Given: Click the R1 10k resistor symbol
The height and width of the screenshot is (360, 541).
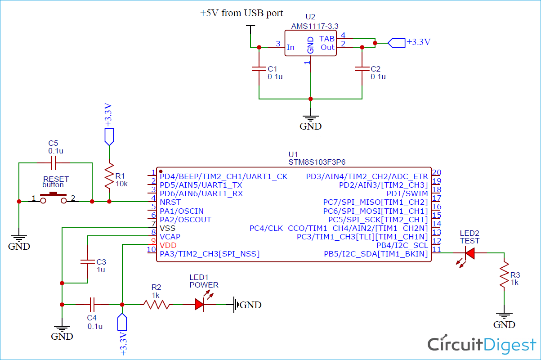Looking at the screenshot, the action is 109,176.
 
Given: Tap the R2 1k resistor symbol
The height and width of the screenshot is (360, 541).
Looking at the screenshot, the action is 156,305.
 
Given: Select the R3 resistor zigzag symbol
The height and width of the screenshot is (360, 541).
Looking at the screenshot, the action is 504,274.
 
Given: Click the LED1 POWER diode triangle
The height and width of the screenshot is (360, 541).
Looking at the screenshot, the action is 200,305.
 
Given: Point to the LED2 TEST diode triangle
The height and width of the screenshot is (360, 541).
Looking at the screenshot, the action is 470,253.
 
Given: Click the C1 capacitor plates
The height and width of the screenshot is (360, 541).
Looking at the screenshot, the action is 259,69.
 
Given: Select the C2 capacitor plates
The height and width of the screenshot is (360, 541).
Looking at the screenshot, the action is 362,69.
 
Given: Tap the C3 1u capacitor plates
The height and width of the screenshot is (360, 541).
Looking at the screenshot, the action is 88,261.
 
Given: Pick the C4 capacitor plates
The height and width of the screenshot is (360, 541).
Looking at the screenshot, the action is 92,305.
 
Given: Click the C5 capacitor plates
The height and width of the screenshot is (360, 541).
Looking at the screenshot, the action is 54,163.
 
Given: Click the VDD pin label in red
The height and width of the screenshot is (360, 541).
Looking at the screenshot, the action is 168,246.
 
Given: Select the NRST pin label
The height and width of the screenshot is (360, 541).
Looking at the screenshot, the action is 170,202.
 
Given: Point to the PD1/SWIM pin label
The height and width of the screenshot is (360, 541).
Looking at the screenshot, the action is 407,193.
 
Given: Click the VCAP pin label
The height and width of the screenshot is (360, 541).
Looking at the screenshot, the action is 170,237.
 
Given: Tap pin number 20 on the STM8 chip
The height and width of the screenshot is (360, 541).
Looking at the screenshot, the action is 437,172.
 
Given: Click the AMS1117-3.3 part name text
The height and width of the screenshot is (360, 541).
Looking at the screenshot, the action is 315,26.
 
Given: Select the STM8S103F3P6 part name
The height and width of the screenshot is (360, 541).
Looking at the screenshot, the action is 317,162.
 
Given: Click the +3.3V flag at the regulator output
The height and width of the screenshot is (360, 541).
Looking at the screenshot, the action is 397,43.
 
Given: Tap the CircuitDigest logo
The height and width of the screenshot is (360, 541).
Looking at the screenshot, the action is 482,344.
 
